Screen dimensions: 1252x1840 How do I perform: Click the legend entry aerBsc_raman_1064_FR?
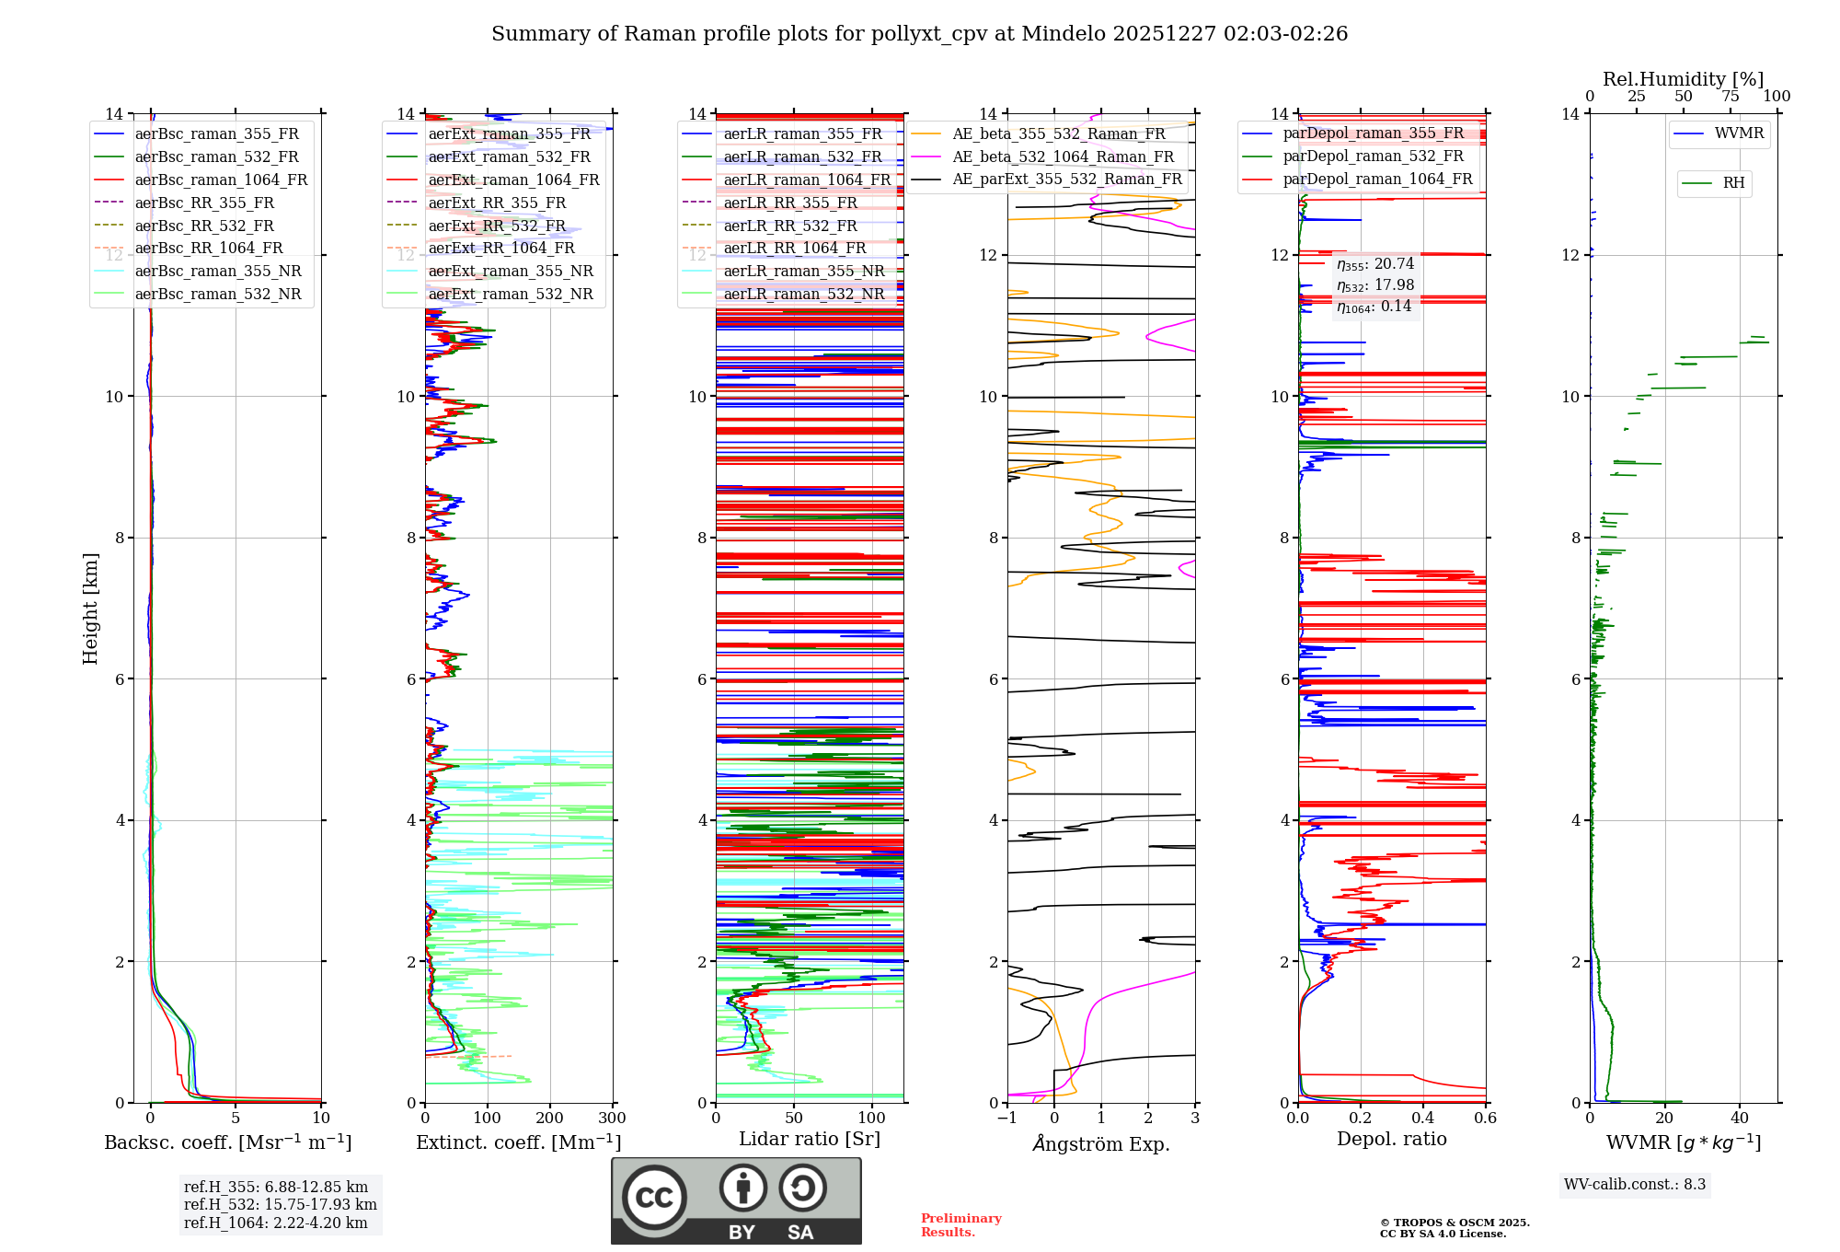(221, 180)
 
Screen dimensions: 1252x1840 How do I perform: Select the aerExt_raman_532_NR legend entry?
(511, 294)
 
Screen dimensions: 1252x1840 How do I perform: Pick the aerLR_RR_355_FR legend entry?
(789, 203)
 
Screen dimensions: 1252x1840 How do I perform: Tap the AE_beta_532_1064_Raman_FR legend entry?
(1063, 156)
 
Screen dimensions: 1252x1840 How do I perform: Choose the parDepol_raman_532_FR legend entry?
(1373, 156)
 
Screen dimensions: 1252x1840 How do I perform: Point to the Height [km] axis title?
(90, 609)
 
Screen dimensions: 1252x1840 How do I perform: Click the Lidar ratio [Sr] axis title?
(810, 1139)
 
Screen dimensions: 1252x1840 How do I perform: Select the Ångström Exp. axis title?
(1101, 1143)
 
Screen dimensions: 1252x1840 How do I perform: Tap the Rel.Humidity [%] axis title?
(1683, 79)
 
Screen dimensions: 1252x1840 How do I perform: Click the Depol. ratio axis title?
(1391, 1139)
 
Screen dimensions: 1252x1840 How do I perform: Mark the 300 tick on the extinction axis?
(612, 1119)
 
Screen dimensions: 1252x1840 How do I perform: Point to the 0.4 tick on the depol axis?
(1422, 1119)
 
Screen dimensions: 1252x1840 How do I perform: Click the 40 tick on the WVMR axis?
(1739, 1119)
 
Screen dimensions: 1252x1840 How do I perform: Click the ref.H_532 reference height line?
(280, 1204)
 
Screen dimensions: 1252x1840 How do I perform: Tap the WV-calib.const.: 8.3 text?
(1635, 1185)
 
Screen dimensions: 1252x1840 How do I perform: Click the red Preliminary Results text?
(960, 1225)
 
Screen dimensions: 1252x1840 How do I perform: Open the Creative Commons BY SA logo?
(736, 1200)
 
